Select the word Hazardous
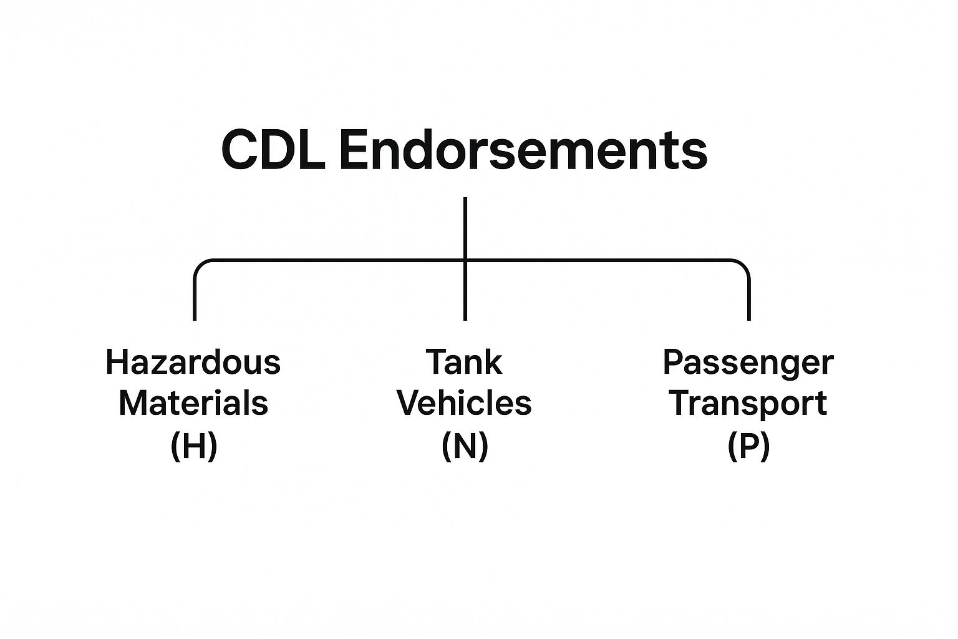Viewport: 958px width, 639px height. (193, 362)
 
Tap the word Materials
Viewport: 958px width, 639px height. (193, 403)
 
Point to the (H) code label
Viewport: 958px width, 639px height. (193, 446)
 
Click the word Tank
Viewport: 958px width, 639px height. (464, 362)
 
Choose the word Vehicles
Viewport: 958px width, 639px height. (464, 403)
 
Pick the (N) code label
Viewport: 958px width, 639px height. (464, 446)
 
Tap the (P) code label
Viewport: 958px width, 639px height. (748, 446)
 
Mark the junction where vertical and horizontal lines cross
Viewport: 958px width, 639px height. (465, 260)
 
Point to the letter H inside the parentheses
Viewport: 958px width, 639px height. (193, 446)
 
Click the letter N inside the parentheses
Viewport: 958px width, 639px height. (465, 446)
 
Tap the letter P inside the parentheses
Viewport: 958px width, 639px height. (748, 446)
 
